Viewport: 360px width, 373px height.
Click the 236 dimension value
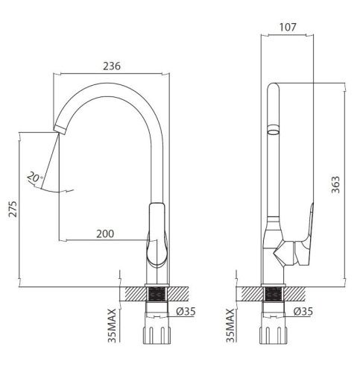111,66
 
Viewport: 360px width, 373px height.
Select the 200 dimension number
105,233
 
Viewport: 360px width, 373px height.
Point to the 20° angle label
33,179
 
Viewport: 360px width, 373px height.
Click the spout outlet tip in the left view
58,128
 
